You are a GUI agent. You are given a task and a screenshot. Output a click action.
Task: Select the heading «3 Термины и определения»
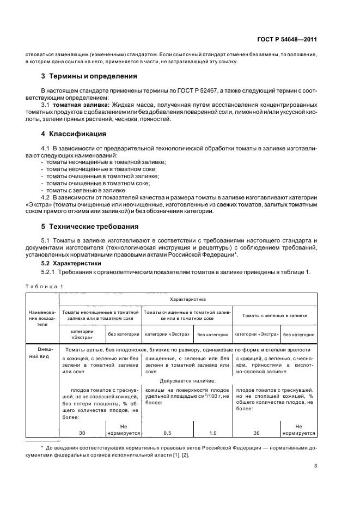click(x=85, y=76)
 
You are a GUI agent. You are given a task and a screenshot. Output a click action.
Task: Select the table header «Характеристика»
click(x=187, y=299)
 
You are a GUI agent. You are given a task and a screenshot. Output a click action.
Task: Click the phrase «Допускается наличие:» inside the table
click(x=187, y=381)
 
